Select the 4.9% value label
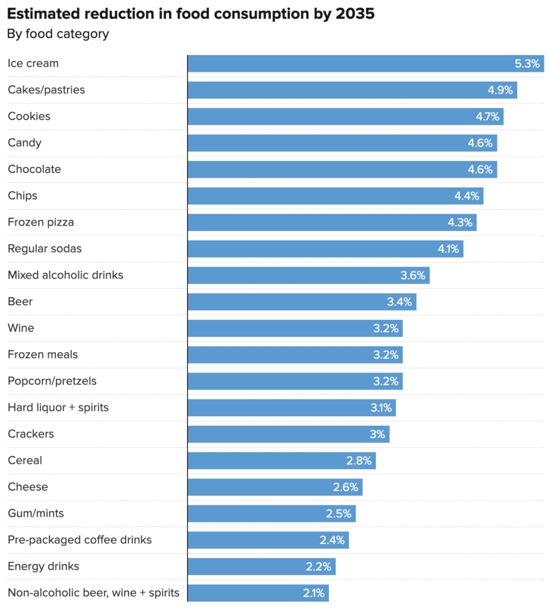499,90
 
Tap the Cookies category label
29,116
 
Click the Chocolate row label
34,169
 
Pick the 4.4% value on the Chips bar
465,196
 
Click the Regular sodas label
45,249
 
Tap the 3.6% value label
413,275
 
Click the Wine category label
21,328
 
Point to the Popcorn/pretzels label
52,381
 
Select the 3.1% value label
380,408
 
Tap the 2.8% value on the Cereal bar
359,461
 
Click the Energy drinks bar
261,567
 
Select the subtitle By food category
58,34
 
